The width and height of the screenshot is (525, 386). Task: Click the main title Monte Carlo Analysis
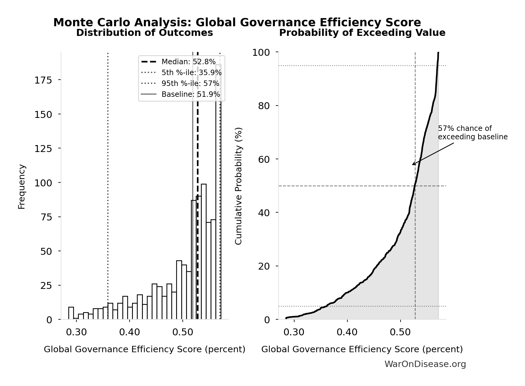click(x=237, y=23)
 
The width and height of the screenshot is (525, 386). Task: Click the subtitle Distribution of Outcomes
click(x=144, y=33)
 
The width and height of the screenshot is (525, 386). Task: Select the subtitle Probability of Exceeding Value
click(x=362, y=33)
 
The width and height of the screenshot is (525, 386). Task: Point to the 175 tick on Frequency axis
click(x=43, y=80)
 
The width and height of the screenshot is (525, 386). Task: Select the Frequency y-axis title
click(x=22, y=186)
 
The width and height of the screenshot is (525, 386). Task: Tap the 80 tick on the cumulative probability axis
click(x=264, y=106)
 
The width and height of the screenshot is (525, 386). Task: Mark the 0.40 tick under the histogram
click(x=129, y=332)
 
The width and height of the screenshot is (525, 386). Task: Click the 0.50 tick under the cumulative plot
click(x=400, y=332)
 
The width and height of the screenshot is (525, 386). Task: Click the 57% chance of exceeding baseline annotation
click(x=472, y=133)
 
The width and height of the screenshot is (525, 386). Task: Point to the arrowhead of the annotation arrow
click(x=413, y=165)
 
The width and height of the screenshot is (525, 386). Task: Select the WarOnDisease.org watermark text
click(x=425, y=364)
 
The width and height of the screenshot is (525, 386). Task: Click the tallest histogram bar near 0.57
click(x=218, y=193)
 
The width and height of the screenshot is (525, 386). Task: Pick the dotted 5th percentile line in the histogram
click(x=108, y=181)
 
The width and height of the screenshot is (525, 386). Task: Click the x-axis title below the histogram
click(x=144, y=349)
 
